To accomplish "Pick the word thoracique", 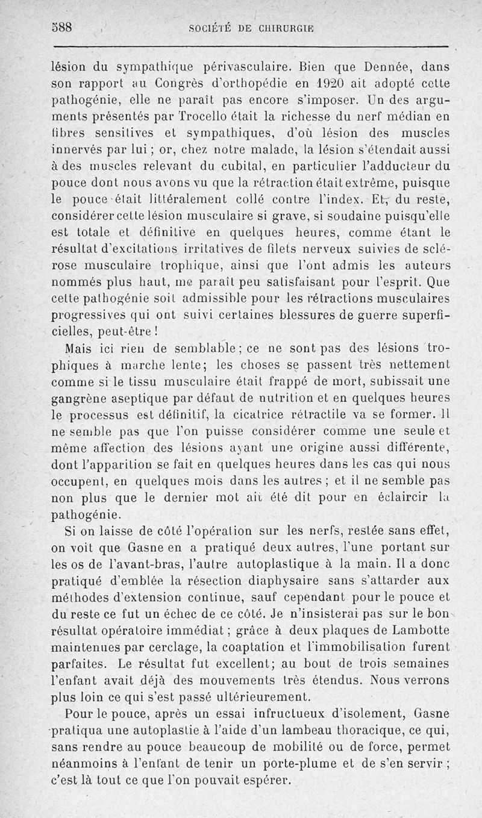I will (x=342, y=731).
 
